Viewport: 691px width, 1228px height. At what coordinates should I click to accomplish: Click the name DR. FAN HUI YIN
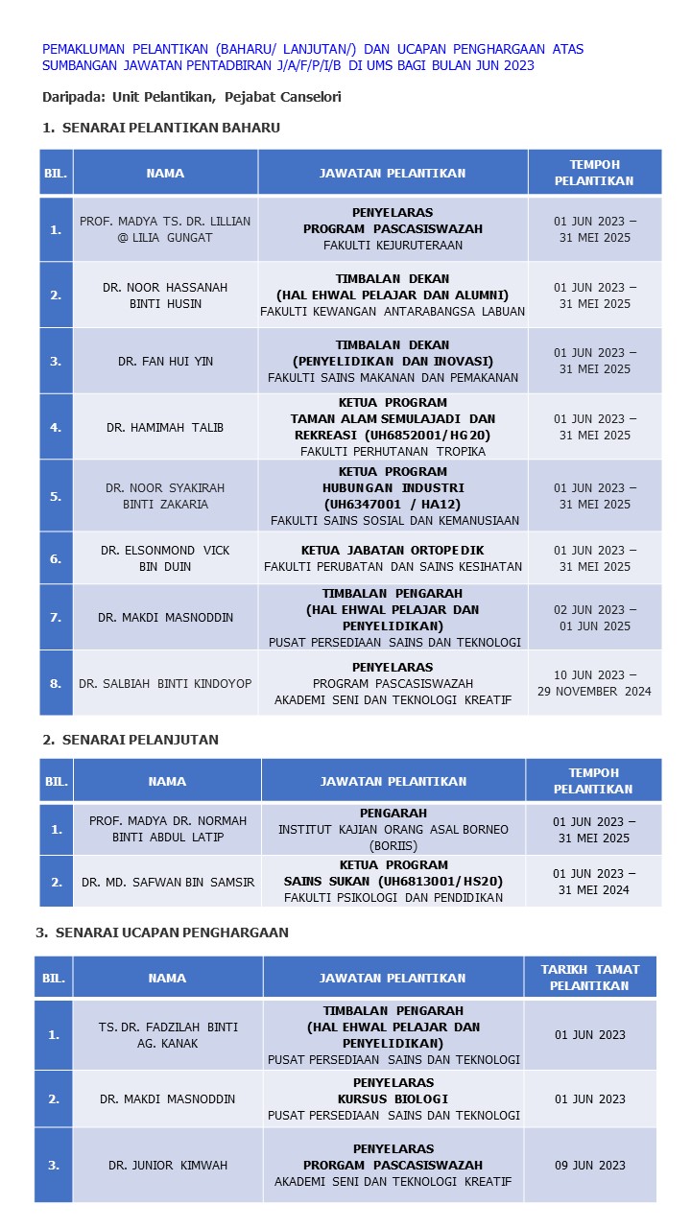coord(165,362)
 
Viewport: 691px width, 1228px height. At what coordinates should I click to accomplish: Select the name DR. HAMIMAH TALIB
coord(165,427)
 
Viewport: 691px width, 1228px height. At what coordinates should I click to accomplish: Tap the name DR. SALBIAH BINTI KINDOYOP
coord(165,683)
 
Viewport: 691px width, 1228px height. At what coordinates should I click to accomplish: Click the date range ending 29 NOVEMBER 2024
coord(594,683)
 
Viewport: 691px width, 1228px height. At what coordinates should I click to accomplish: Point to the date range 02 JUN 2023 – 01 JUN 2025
coord(594,618)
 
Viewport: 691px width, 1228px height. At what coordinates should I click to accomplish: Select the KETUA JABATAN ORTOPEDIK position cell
coord(393,558)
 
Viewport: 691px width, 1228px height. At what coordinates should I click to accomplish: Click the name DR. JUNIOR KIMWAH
coord(168,1166)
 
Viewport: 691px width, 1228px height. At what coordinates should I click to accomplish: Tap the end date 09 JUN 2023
coord(589,1166)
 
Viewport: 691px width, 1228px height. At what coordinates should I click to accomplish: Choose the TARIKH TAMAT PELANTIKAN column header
coord(589,978)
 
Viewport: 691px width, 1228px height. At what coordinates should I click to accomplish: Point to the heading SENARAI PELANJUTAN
coord(140,740)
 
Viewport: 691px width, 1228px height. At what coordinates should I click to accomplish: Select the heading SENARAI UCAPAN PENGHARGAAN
coord(172,933)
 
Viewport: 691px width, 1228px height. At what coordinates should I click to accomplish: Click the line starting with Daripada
coord(192,97)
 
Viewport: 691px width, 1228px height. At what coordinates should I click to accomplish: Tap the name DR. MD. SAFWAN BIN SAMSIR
coord(168,882)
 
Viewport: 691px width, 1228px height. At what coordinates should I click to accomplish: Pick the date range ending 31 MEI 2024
coord(593,882)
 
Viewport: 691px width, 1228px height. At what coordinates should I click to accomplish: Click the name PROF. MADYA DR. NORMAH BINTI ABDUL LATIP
coord(168,829)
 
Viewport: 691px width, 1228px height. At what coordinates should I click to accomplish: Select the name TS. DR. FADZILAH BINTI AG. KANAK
coord(168,1035)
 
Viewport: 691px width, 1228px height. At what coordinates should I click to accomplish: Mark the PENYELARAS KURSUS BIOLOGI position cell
coord(393,1098)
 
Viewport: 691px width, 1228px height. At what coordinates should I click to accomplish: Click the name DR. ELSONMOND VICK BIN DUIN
coord(165,558)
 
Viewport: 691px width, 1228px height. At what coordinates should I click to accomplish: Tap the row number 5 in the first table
coord(56,496)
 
